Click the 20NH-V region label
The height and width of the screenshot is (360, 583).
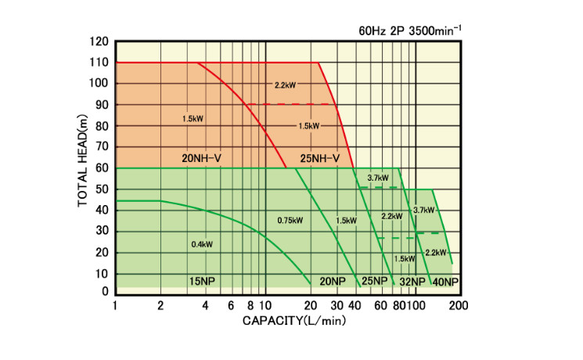click(x=202, y=158)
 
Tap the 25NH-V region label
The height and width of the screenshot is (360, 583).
click(x=320, y=158)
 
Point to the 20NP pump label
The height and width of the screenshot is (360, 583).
click(x=332, y=281)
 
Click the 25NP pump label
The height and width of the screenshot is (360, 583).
click(x=374, y=281)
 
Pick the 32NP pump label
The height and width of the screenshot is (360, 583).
click(x=412, y=281)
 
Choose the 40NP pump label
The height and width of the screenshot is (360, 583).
click(x=445, y=281)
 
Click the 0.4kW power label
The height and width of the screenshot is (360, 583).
click(x=202, y=244)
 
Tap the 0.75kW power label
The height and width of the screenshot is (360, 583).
click(x=290, y=220)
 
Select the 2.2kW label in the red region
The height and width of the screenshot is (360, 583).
click(x=286, y=85)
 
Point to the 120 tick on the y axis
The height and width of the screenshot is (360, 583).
click(x=99, y=41)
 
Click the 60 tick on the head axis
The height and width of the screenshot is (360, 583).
click(x=103, y=167)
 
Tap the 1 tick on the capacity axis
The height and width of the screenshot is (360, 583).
click(x=115, y=305)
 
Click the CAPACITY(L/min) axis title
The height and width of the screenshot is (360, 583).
click(x=293, y=320)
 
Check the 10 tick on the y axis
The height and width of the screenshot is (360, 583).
click(x=103, y=273)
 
